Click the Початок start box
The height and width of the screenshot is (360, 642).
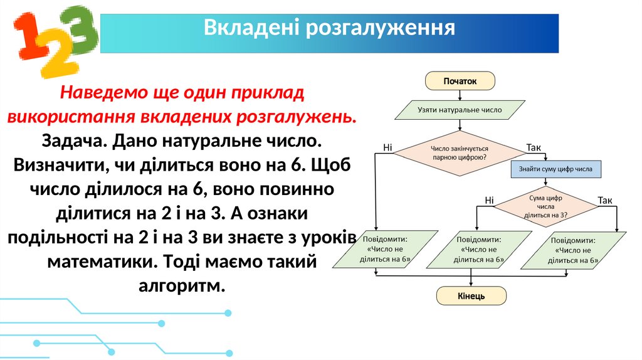460,80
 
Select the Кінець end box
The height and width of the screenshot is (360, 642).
470,295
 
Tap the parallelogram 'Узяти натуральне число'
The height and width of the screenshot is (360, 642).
460,110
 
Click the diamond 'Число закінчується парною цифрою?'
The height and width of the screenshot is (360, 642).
460,153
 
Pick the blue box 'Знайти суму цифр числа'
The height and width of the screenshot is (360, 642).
555,169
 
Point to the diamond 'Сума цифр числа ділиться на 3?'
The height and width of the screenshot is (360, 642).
545,206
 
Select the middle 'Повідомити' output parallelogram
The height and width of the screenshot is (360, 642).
478,250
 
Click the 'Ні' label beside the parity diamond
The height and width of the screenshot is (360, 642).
387,147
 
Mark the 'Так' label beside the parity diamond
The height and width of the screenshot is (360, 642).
534,147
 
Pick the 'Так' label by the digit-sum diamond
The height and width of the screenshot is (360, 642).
604,201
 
